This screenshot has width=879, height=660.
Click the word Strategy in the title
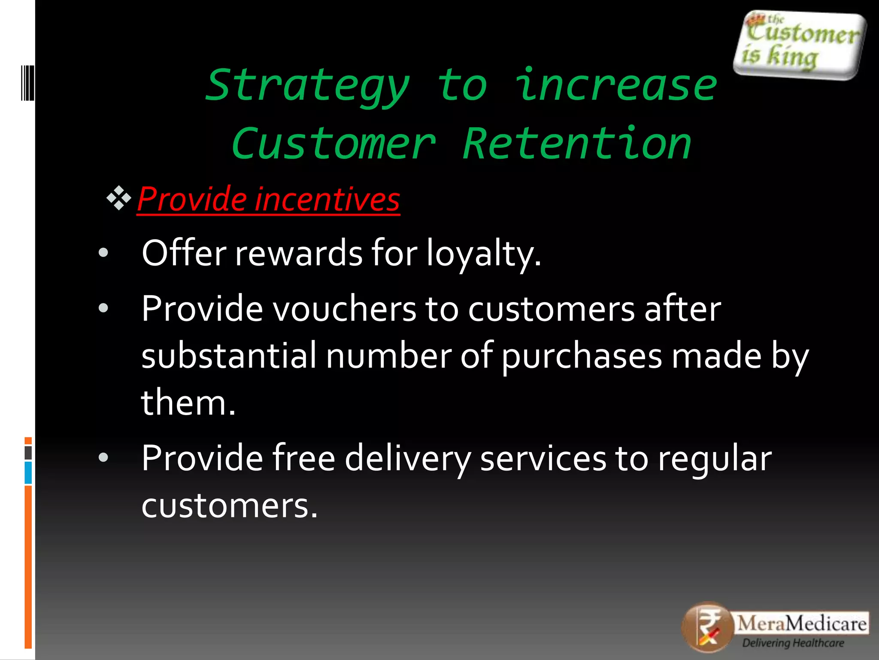click(307, 86)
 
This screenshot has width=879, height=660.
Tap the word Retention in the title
click(577, 144)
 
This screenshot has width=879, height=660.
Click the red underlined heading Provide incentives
click(268, 199)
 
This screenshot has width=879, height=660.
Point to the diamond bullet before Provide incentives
click(119, 198)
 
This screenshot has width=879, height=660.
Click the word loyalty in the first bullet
click(483, 254)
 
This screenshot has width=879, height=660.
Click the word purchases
click(582, 357)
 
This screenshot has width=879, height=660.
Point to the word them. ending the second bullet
click(188, 403)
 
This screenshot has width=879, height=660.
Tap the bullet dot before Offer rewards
click(103, 253)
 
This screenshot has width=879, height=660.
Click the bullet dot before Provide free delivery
click(103, 458)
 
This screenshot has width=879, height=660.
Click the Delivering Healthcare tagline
click(793, 643)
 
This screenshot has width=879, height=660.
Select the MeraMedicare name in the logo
click(802, 623)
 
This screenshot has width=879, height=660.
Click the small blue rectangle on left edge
click(28, 473)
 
